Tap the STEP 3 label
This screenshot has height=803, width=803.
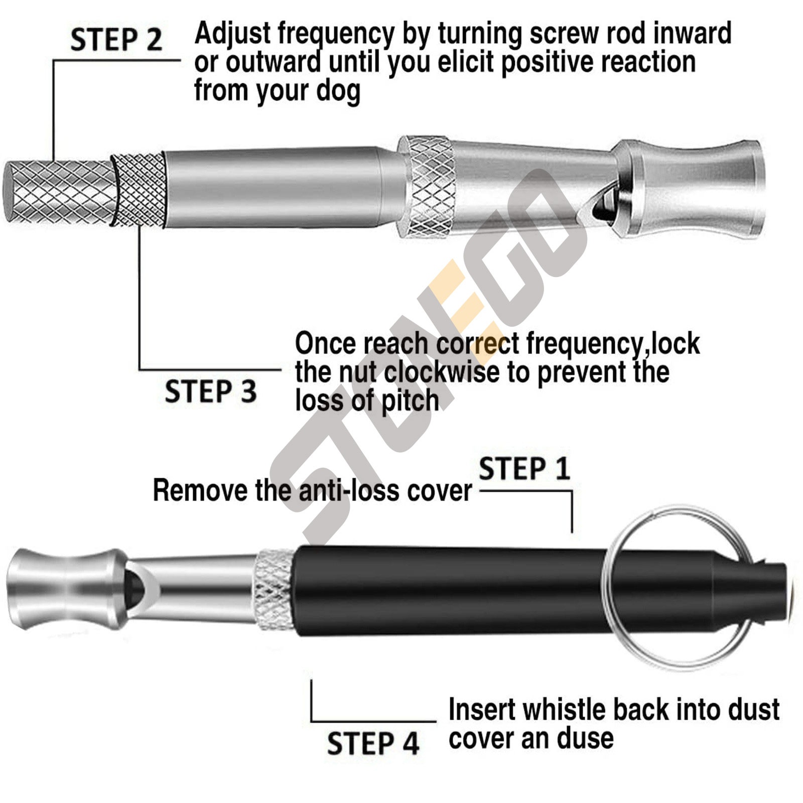(x=210, y=391)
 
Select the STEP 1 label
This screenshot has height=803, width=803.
(x=524, y=469)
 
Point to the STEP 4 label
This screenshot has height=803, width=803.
(x=373, y=743)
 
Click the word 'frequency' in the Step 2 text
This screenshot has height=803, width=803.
(x=336, y=34)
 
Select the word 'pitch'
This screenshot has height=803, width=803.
(x=410, y=401)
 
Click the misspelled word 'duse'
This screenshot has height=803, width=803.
(x=585, y=738)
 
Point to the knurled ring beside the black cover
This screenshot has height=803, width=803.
(x=274, y=590)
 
